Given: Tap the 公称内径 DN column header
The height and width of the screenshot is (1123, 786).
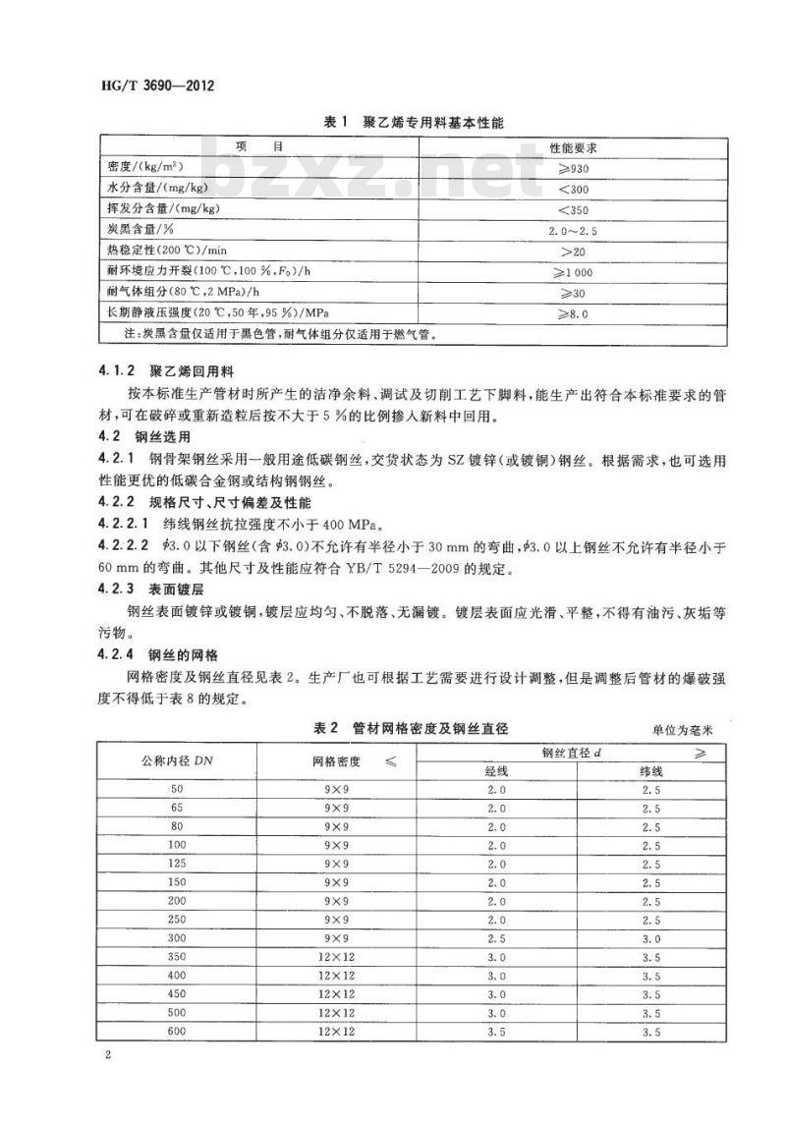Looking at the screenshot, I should [177, 761].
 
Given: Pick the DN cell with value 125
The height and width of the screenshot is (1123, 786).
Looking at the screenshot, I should [177, 864].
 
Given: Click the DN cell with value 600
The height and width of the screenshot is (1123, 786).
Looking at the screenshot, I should [177, 1031].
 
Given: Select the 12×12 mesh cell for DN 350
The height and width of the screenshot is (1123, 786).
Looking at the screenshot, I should [337, 956].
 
